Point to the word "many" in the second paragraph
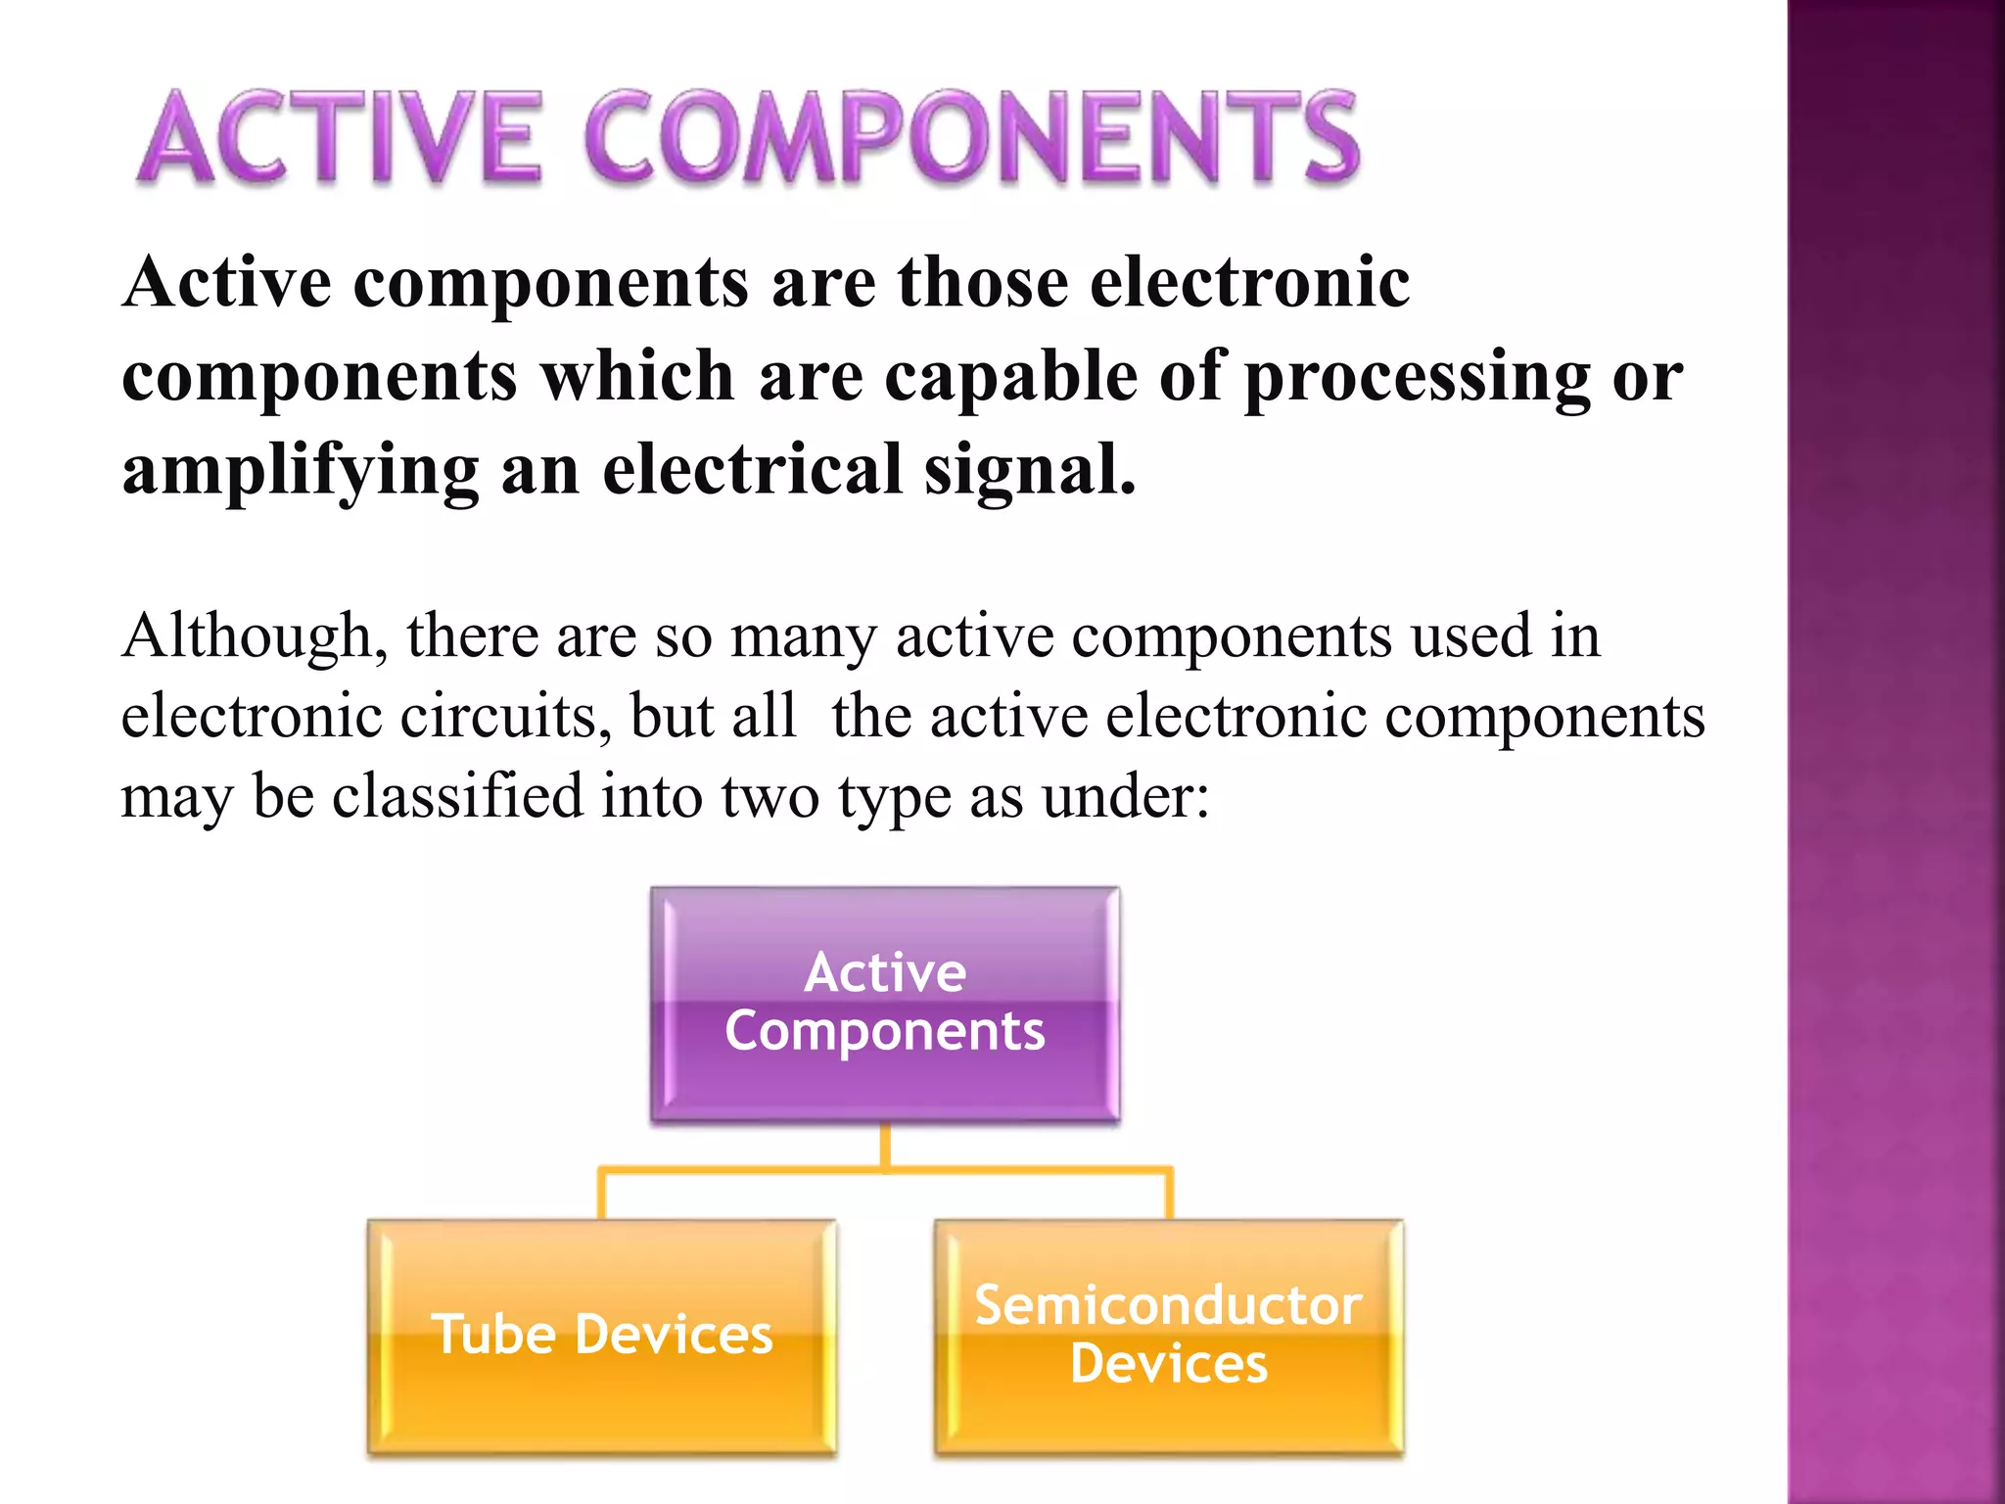pos(803,637)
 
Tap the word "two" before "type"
pos(769,797)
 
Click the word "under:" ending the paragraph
pos(1126,797)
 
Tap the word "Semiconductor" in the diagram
pos(1168,1305)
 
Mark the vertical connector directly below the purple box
pos(885,1146)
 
